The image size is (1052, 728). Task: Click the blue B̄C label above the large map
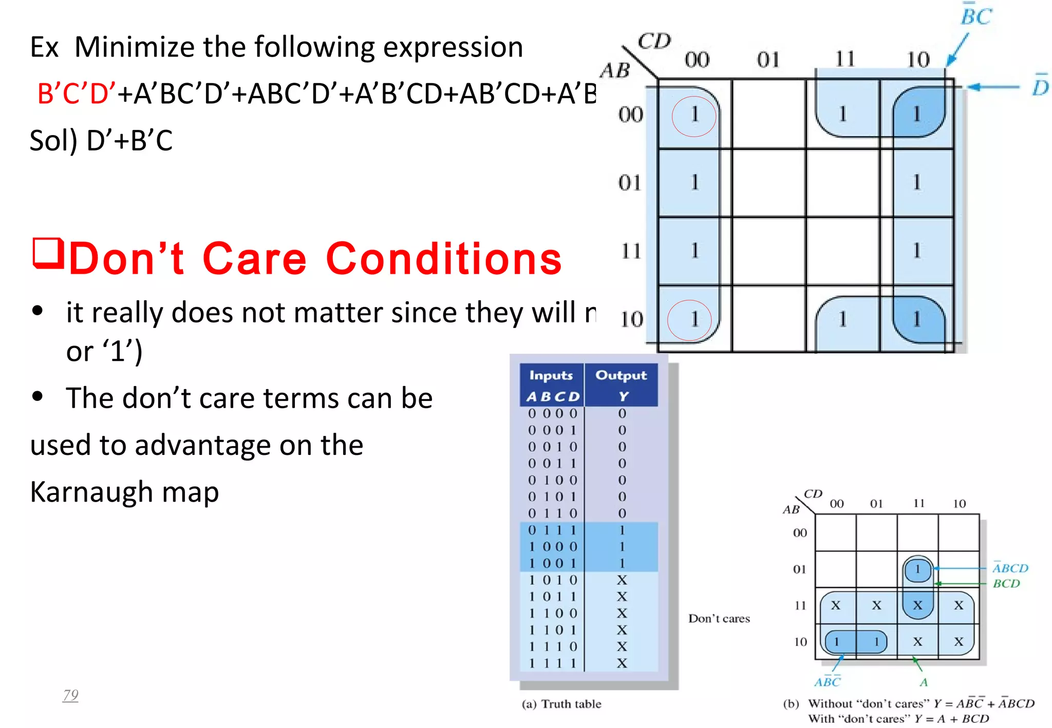pyautogui.click(x=976, y=15)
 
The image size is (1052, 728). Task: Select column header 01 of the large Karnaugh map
pyautogui.click(x=768, y=60)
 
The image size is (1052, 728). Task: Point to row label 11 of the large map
pyautogui.click(x=631, y=251)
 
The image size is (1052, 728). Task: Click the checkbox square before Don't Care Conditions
pyautogui.click(x=48, y=253)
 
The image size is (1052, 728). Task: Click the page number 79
pyautogui.click(x=70, y=695)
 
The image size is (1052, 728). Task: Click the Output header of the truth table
pyautogui.click(x=621, y=375)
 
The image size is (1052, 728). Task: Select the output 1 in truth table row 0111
pyautogui.click(x=622, y=530)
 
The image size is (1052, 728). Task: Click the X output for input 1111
pyautogui.click(x=622, y=663)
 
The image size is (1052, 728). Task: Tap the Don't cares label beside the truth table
pyautogui.click(x=719, y=619)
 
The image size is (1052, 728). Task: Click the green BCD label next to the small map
pyautogui.click(x=1006, y=584)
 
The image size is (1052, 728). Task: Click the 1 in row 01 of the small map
pyautogui.click(x=917, y=569)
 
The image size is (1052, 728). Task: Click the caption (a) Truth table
pyautogui.click(x=561, y=704)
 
